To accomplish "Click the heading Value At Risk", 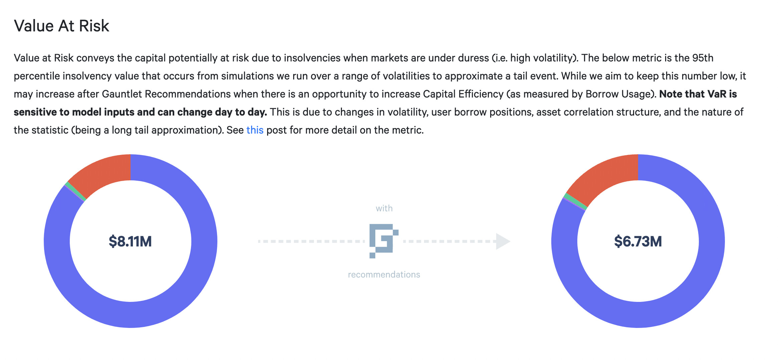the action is (61, 26).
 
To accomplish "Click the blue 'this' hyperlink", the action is (255, 130).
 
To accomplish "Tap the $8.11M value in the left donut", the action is (130, 241).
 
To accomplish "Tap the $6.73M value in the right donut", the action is (638, 241).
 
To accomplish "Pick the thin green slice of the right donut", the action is (575, 201).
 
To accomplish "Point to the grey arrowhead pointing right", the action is (503, 241).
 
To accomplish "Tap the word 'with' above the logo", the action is (384, 208).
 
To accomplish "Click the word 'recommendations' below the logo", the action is (384, 275).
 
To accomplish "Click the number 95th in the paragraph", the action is (703, 58).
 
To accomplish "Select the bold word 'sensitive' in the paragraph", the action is (35, 112).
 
